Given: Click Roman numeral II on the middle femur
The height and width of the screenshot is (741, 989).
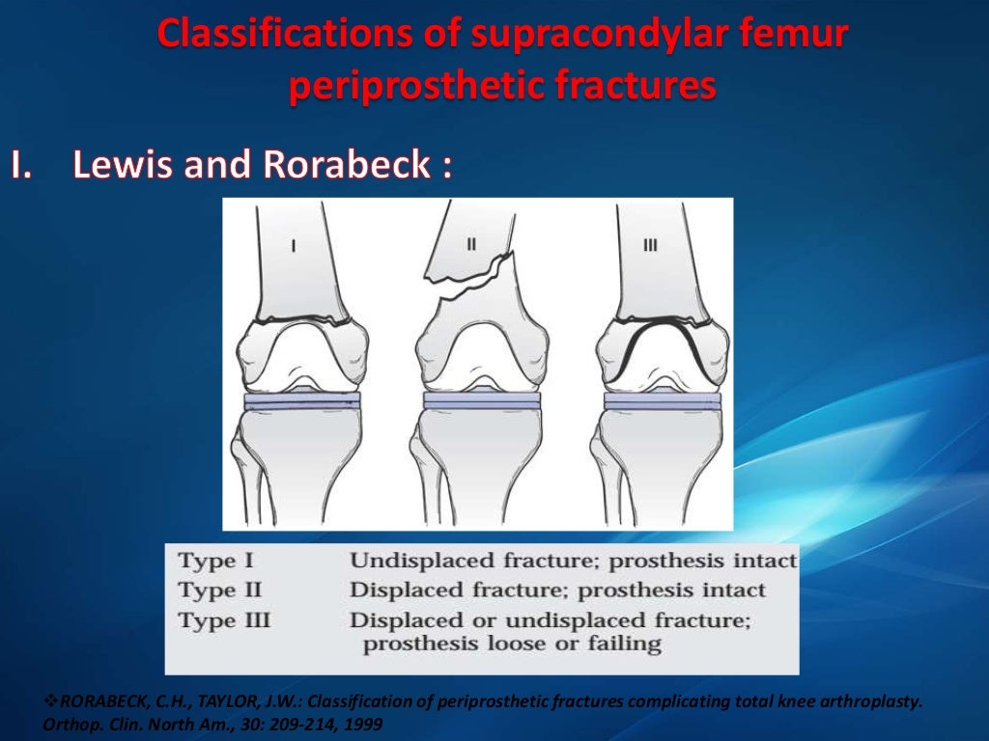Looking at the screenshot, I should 471,244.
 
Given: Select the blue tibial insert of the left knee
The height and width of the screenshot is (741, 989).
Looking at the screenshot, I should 301,399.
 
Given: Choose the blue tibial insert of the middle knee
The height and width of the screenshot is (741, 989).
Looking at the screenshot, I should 481,399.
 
